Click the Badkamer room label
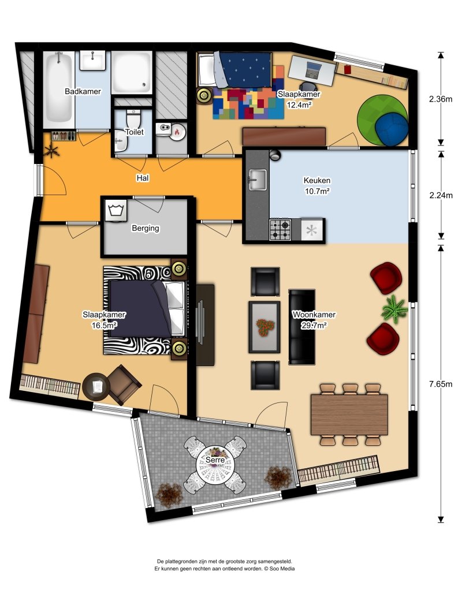[83, 92]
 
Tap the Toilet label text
[135, 132]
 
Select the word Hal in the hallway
[143, 178]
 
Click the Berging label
[146, 228]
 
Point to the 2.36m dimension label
[441, 99]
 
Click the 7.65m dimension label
[441, 384]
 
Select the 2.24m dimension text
[441, 195]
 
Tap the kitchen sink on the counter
[258, 180]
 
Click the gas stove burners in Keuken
[280, 230]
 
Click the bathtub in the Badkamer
[59, 90]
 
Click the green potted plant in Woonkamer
[394, 309]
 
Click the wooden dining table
[349, 415]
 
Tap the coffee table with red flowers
[265, 327]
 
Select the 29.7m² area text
[314, 325]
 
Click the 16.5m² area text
[104, 325]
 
